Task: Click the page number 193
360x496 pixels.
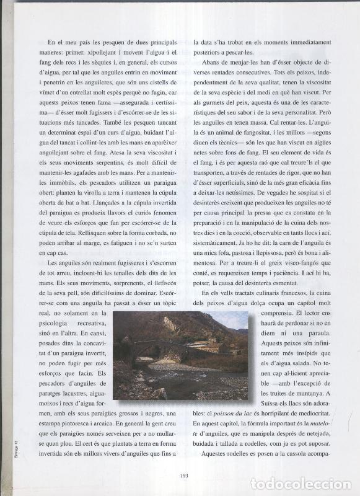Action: coord(184,476)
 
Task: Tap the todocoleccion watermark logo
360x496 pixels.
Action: coord(300,484)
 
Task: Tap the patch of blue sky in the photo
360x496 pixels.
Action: coord(235,318)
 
